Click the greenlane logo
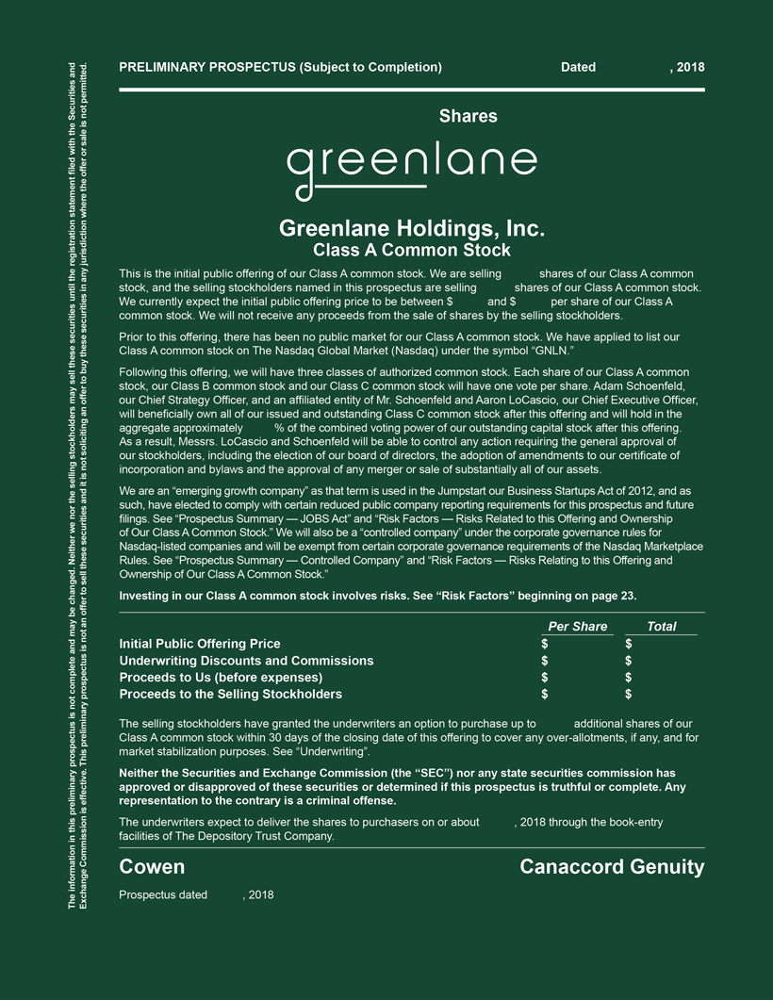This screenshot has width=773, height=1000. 412,170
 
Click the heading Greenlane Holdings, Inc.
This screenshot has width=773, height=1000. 412,229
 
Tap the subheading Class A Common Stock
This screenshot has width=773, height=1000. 412,251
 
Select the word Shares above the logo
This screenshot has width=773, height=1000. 468,117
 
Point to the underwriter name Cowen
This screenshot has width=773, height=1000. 152,867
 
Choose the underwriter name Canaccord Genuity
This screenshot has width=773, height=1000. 612,867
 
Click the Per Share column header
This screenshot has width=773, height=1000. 577,627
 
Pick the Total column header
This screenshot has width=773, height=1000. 661,627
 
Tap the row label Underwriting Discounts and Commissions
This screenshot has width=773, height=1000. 246,661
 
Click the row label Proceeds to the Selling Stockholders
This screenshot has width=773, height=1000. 230,695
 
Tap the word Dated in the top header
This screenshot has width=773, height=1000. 578,67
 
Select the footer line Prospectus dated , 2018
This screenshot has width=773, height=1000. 196,894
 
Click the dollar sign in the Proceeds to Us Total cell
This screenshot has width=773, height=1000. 628,678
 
